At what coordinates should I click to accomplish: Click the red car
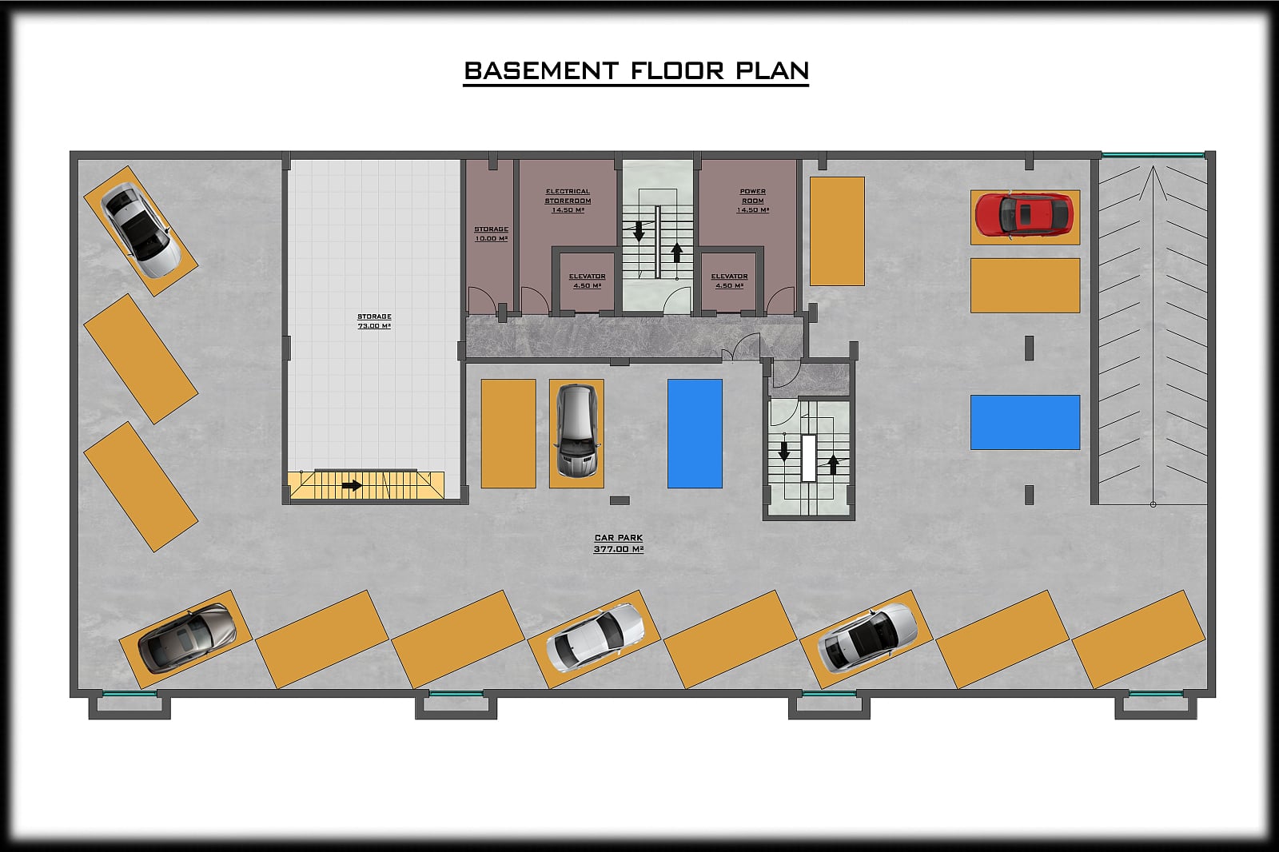tap(1024, 215)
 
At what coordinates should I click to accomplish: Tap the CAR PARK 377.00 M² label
tap(619, 543)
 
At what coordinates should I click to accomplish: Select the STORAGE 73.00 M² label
tap(374, 321)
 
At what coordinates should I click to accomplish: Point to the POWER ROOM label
tap(752, 201)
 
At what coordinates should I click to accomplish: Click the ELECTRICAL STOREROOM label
tap(568, 201)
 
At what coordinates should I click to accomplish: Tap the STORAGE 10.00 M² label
tap(491, 233)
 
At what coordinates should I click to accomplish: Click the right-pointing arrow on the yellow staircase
tap(352, 486)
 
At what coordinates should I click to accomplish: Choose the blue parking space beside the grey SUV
tap(695, 433)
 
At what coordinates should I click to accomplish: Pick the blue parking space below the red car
tap(1025, 422)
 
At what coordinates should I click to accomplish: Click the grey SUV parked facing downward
tap(576, 431)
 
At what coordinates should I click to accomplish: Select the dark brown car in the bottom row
tap(187, 637)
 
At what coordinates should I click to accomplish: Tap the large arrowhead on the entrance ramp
tap(1153, 183)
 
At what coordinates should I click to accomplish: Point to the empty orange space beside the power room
tap(837, 231)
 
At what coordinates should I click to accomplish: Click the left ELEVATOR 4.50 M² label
tap(587, 281)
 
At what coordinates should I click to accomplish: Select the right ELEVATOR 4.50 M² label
tap(729, 281)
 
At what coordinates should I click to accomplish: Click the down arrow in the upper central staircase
tap(639, 230)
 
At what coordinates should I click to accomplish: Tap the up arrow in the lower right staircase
tap(833, 464)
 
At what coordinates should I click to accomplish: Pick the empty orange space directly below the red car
tap(1025, 285)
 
